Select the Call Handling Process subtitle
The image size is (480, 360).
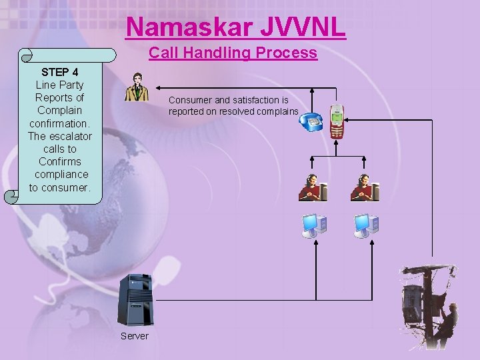[x=233, y=53]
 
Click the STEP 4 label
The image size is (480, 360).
[x=60, y=72]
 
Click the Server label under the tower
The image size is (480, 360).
[x=135, y=335]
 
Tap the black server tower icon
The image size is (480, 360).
[x=135, y=301]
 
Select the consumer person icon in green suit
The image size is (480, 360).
[x=137, y=86]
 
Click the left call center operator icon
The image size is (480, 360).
[x=312, y=187]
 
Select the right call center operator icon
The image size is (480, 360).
[x=364, y=187]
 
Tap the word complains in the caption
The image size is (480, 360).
[x=279, y=111]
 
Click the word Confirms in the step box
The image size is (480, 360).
[x=60, y=161]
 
